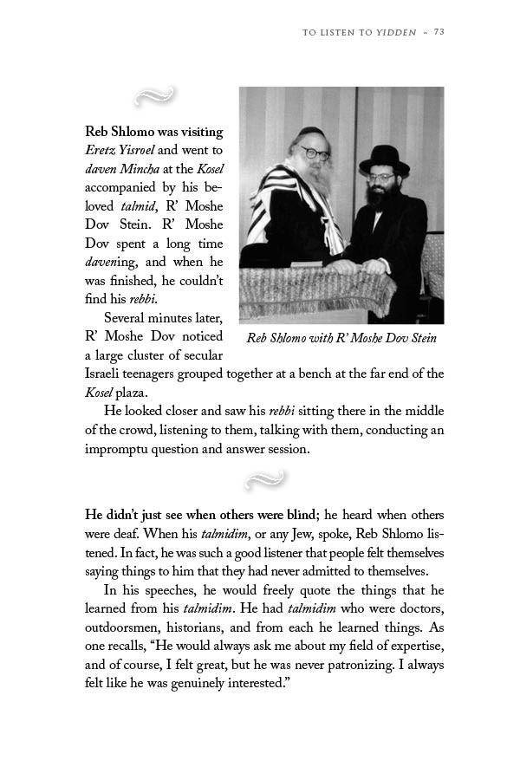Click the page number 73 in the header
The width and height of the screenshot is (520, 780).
(x=439, y=32)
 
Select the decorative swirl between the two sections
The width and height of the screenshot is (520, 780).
(x=264, y=478)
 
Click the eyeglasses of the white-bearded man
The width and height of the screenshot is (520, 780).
(x=314, y=153)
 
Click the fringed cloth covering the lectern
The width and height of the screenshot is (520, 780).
(x=316, y=290)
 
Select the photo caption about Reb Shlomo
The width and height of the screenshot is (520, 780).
(x=341, y=337)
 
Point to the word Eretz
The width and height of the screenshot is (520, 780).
(x=101, y=150)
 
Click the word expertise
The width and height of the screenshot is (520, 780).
(x=416, y=646)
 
